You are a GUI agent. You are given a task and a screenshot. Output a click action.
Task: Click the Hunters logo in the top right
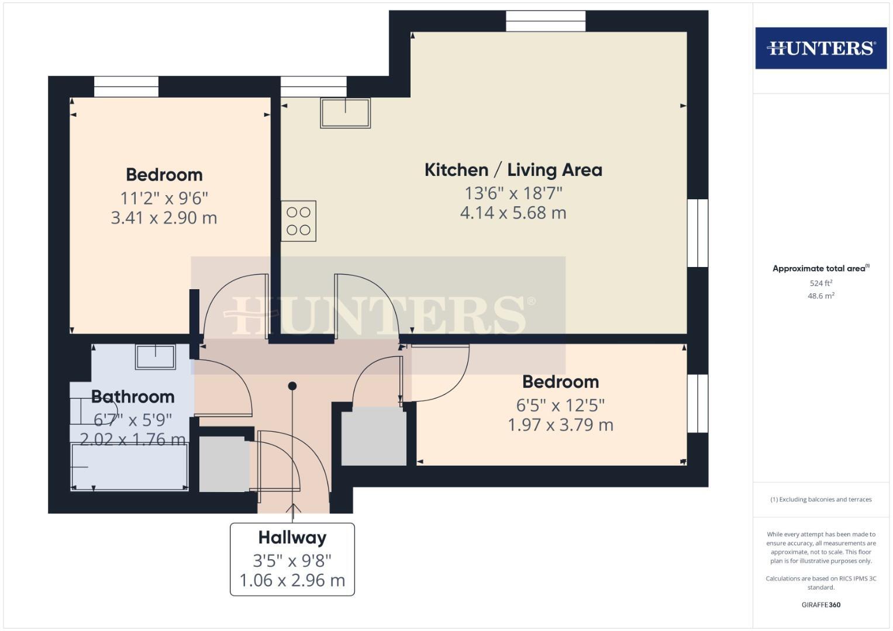(820, 48)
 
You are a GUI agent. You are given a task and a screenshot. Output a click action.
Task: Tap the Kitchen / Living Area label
(513, 170)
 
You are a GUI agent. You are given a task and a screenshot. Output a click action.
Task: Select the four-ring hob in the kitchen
(298, 221)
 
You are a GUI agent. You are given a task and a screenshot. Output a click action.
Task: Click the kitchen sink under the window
(345, 113)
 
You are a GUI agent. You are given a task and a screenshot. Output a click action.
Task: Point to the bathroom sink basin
(155, 356)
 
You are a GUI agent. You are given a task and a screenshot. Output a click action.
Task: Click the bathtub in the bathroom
(129, 466)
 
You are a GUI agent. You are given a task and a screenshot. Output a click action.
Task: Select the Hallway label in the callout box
(292, 538)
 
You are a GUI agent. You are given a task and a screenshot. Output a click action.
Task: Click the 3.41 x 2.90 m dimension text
(164, 218)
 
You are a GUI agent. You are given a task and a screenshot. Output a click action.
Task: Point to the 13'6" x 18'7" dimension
(513, 193)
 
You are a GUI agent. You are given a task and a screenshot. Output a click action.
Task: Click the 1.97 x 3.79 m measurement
(560, 425)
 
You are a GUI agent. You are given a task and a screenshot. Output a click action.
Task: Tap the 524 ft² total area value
(821, 283)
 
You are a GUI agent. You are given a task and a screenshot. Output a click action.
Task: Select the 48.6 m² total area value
(821, 296)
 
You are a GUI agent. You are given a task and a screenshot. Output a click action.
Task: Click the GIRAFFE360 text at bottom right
(820, 605)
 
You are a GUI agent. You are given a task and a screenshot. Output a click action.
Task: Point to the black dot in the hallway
(292, 386)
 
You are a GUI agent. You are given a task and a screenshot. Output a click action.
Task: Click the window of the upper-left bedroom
(126, 87)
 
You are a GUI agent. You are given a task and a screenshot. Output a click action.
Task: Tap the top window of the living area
(545, 22)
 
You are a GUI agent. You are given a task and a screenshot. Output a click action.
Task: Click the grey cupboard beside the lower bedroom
(374, 436)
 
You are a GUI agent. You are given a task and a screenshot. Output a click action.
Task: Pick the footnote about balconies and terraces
(820, 500)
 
